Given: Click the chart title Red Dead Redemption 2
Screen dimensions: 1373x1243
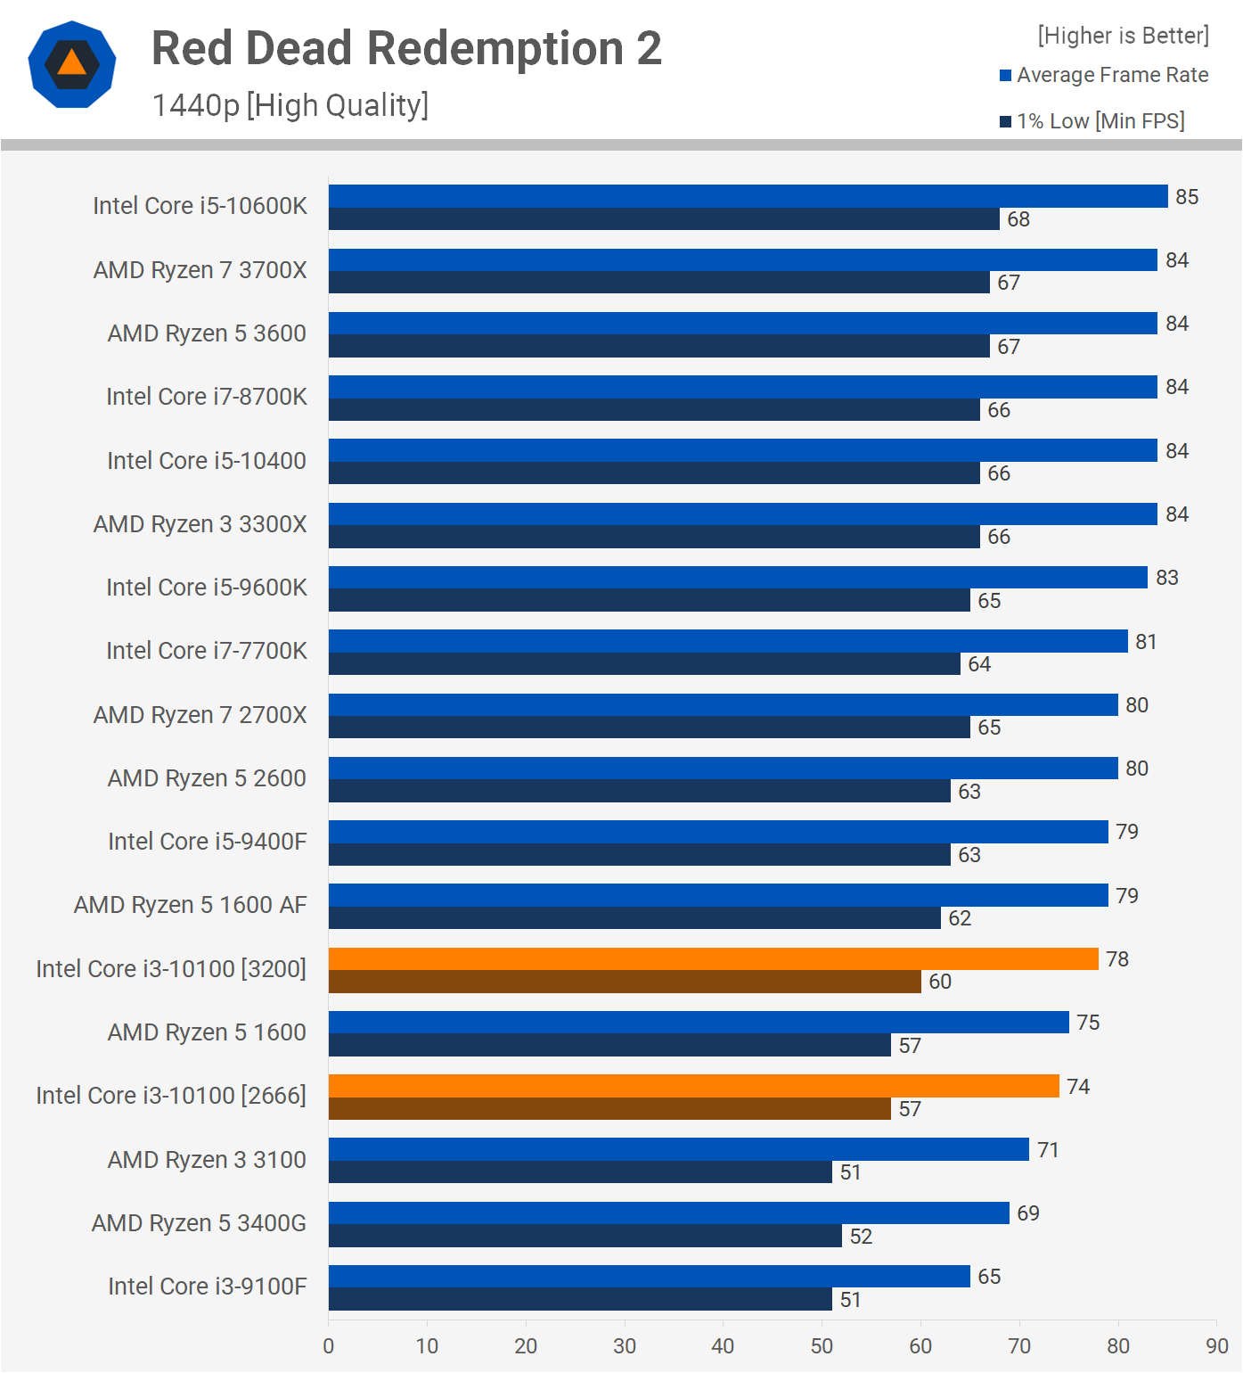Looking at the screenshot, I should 406,48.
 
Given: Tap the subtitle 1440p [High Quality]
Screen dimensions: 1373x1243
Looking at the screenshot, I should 290,105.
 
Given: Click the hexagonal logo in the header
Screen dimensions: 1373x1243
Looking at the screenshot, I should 72,64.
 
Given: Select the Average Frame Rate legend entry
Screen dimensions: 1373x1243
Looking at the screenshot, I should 1104,75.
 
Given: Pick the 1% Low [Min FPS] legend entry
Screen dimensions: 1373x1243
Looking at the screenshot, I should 1092,121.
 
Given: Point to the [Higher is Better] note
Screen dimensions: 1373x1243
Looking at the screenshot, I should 1123,36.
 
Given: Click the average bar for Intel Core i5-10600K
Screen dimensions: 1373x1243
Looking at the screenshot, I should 748,196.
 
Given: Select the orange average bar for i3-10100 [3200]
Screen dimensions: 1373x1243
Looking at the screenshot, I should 713,958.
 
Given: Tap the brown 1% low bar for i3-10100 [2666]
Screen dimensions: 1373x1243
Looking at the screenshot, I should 609,1109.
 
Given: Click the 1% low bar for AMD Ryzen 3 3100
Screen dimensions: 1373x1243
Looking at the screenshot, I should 580,1172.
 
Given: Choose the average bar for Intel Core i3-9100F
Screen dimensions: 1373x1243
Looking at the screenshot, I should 649,1276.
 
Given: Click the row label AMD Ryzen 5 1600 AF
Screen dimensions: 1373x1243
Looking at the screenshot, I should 190,905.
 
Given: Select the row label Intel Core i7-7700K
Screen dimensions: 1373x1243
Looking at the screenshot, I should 206,651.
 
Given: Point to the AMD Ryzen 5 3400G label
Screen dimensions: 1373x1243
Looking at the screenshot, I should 199,1223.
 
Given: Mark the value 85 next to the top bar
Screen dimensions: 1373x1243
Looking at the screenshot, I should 1187,197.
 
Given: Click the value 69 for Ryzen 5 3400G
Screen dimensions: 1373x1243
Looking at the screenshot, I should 1028,1213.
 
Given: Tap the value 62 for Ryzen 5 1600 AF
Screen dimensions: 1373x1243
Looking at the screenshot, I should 960,918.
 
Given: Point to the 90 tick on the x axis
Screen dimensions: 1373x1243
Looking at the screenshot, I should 1217,1346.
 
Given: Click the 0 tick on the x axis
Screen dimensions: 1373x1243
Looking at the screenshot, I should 329,1346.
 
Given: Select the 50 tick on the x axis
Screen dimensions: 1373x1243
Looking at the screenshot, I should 822,1346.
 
